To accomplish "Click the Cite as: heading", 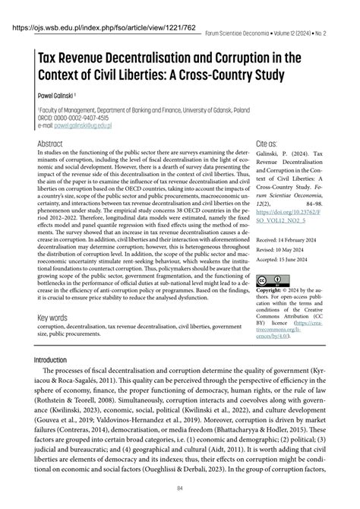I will [267, 143].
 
